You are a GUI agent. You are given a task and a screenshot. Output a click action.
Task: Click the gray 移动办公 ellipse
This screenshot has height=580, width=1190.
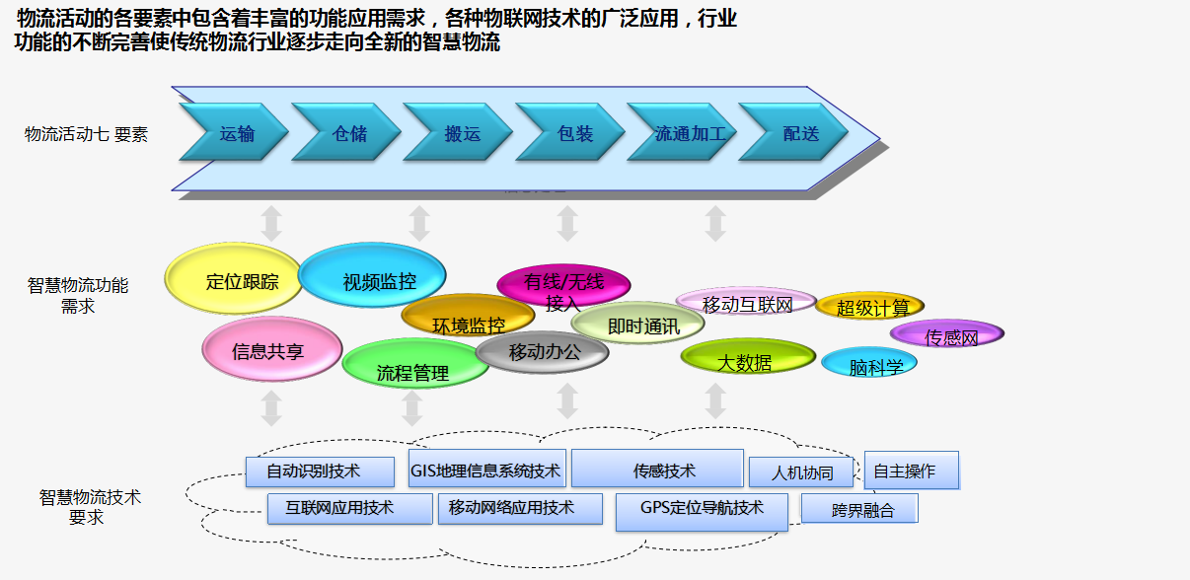click(x=543, y=352)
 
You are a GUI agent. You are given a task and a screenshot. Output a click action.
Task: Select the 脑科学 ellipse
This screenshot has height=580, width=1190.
click(x=869, y=365)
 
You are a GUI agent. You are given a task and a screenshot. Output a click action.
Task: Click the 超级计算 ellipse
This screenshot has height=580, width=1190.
click(x=869, y=307)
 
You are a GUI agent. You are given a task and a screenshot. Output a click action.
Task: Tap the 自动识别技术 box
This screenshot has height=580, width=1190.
click(x=320, y=471)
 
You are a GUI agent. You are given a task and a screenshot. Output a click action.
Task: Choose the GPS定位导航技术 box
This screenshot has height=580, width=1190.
click(x=703, y=510)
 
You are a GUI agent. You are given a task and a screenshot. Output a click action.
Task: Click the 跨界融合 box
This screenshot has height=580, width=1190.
click(x=859, y=509)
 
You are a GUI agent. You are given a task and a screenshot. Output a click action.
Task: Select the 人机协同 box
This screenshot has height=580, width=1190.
click(x=800, y=472)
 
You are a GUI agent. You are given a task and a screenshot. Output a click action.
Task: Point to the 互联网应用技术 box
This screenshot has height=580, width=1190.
click(x=349, y=508)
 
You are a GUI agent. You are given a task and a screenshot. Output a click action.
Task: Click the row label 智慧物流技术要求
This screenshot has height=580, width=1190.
click(x=90, y=507)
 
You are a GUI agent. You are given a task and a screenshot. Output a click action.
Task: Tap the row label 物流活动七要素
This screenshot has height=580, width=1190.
click(x=87, y=134)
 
